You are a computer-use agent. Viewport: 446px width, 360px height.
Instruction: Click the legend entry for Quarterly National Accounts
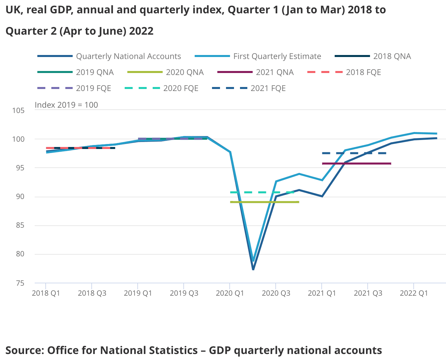(128, 56)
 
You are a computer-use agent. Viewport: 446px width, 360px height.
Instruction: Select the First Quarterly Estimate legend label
(277, 56)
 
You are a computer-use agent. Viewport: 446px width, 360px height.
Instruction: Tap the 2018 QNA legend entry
(392, 56)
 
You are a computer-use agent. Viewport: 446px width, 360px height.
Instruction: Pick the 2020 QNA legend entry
(185, 72)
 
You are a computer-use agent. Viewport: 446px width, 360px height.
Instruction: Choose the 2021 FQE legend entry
(268, 88)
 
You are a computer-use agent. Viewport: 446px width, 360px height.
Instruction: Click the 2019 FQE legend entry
(93, 88)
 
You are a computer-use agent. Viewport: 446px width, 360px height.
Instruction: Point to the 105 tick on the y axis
(19, 110)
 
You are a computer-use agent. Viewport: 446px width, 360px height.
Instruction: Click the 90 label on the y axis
(20, 197)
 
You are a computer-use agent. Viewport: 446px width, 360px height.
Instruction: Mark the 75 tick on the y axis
(20, 283)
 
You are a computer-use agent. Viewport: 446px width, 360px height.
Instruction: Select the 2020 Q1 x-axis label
(230, 293)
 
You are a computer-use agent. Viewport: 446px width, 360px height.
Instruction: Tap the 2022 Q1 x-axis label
(414, 293)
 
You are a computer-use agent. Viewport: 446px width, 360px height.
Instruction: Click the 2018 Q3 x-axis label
(92, 293)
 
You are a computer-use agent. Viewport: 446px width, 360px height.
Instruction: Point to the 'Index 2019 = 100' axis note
(66, 105)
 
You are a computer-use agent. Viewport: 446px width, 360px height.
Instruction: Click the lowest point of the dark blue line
(253, 269)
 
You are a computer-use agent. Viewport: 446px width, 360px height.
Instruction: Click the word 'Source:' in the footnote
(25, 350)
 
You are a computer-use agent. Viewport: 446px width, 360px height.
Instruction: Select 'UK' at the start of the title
(13, 10)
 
